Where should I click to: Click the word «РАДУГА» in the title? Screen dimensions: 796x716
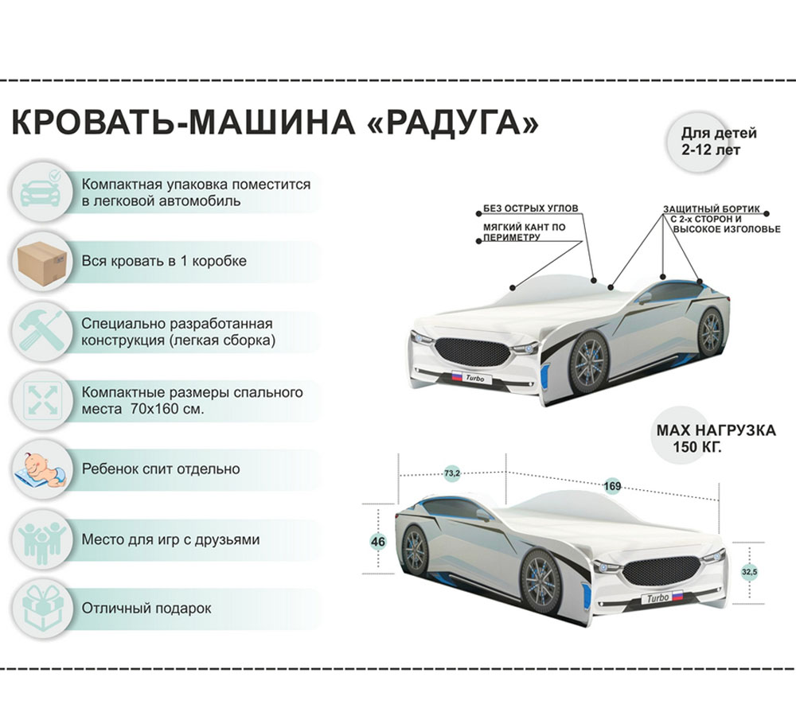tap(452, 123)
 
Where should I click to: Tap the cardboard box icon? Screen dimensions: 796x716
tap(42, 261)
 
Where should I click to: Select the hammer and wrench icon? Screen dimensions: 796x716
tap(42, 331)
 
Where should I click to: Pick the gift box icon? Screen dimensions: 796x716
tap(42, 609)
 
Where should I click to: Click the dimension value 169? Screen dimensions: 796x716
tap(612, 486)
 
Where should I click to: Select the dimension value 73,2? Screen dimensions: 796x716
tap(452, 474)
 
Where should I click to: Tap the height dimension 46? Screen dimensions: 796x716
tap(377, 542)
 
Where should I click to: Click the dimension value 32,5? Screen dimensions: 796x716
tap(749, 572)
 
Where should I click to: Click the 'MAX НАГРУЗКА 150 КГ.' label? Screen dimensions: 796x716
tap(716, 438)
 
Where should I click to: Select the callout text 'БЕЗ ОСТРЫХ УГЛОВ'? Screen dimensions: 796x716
tap(530, 208)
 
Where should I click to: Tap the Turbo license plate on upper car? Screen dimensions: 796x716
tap(467, 378)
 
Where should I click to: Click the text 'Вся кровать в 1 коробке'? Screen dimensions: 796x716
tap(164, 261)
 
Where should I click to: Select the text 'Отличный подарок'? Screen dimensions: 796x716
tap(146, 608)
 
